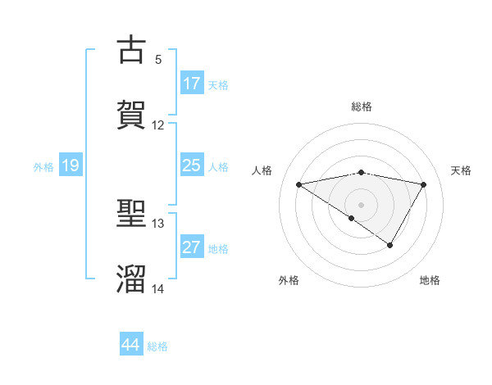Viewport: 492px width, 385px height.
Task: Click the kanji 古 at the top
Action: (132, 50)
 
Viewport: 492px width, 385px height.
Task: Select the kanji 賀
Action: (132, 114)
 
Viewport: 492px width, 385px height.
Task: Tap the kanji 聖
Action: (132, 215)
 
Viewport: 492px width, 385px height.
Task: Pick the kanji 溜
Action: (132, 279)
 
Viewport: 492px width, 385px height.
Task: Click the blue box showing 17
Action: (192, 84)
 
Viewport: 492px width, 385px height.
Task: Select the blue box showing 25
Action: (192, 165)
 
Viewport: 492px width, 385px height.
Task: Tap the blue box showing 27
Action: (192, 247)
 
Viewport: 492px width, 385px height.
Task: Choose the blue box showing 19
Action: (71, 166)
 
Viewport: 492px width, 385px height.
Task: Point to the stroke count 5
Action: (158, 60)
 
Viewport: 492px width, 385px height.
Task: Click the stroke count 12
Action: (158, 125)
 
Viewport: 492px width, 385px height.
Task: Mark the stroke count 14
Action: (158, 289)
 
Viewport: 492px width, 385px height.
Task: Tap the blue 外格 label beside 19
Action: (43, 167)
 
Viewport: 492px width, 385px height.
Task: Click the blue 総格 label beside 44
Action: (157, 346)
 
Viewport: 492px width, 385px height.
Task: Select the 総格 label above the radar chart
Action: (362, 107)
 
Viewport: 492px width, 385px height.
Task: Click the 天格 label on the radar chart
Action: (462, 170)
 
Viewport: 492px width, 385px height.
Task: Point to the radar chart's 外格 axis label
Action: (289, 281)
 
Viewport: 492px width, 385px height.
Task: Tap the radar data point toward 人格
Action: (299, 184)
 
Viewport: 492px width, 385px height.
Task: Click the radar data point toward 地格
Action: (390, 245)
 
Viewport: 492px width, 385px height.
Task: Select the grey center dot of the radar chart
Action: (362, 204)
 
